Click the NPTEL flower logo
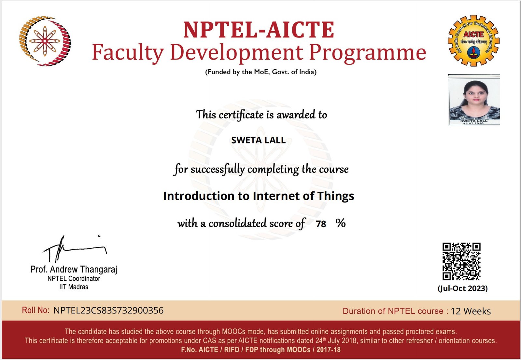pyautogui.click(x=45, y=41)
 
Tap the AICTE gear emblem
pyautogui.click(x=473, y=40)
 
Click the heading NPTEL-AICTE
pyautogui.click(x=259, y=30)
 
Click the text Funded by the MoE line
pyautogui.click(x=261, y=72)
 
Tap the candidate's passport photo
pyautogui.click(x=474, y=100)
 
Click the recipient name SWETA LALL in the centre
pyautogui.click(x=259, y=140)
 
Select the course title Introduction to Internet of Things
pyautogui.click(x=259, y=196)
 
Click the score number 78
pyautogui.click(x=321, y=224)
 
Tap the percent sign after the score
pyautogui.click(x=341, y=223)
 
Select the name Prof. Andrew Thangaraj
pyautogui.click(x=74, y=269)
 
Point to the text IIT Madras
pyautogui.click(x=74, y=287)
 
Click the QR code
pyautogui.click(x=461, y=261)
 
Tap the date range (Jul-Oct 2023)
pyautogui.click(x=463, y=288)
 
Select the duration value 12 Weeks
pyautogui.click(x=471, y=311)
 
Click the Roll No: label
pyautogui.click(x=35, y=310)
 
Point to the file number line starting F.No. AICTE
pyautogui.click(x=261, y=350)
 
